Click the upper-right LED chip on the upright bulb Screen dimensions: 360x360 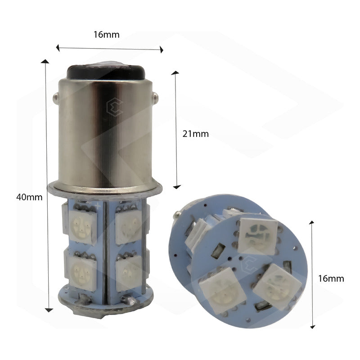[129, 222]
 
